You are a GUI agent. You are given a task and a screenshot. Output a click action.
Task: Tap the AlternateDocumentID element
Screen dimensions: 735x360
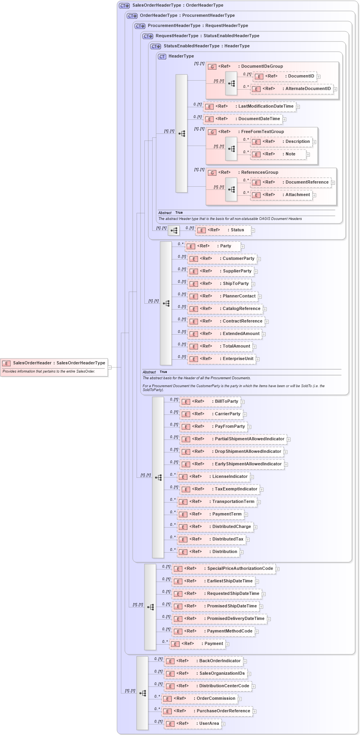pyautogui.click(x=292, y=89)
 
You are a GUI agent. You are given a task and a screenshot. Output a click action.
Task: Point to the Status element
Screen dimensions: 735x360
pyautogui.click(x=223, y=230)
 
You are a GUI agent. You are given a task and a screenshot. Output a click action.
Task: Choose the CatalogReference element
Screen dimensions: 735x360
pyautogui.click(x=225, y=309)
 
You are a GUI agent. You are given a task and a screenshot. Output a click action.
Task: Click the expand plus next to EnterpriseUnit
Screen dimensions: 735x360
pyautogui.click(x=257, y=359)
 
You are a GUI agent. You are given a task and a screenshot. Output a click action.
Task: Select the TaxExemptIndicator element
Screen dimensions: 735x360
pyautogui.click(x=219, y=489)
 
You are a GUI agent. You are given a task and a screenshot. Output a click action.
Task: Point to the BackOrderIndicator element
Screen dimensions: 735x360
pyautogui.click(x=203, y=661)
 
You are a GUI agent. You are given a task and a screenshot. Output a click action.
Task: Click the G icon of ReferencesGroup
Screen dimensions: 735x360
pyautogui.click(x=212, y=173)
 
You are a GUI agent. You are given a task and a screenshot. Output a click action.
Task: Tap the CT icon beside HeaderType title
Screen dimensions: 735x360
pyautogui.click(x=162, y=56)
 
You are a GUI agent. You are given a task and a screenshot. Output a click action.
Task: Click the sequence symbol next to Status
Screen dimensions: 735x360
pyautogui.click(x=174, y=231)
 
